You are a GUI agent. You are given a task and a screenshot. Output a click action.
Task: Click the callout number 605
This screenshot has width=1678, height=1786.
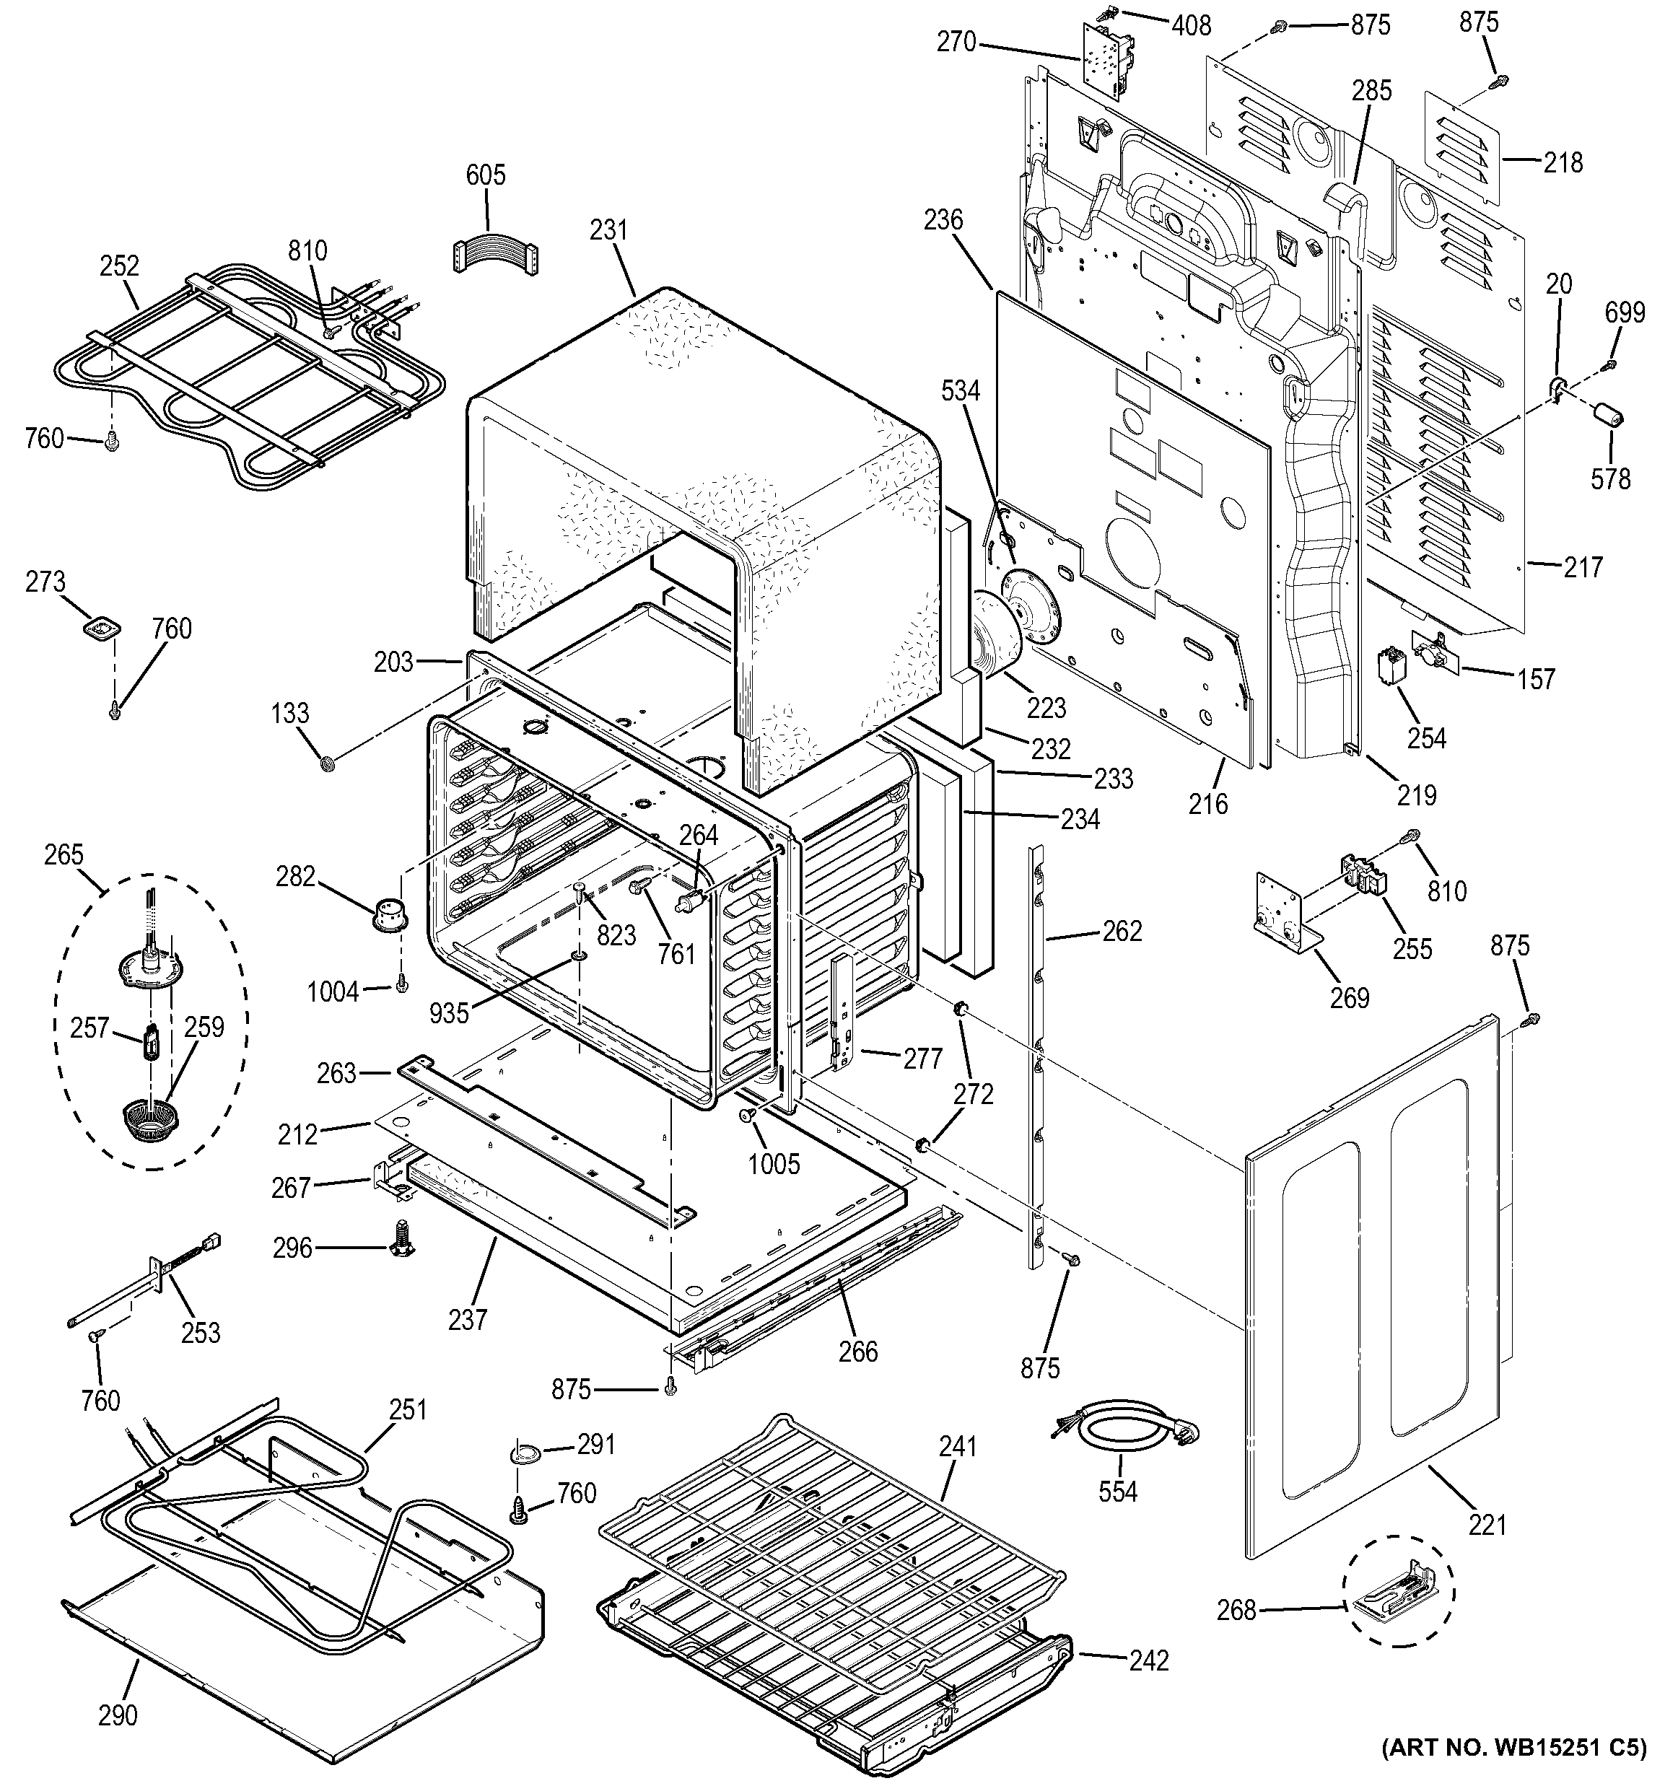coord(485,175)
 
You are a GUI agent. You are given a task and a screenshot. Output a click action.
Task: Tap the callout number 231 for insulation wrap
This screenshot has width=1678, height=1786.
coord(608,230)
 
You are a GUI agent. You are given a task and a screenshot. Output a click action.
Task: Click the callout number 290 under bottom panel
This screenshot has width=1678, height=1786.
coord(118,1715)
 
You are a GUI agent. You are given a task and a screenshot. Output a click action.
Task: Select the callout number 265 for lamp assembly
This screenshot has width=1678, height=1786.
coord(63,854)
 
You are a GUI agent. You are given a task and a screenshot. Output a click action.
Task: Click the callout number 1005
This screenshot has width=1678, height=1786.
coord(774,1163)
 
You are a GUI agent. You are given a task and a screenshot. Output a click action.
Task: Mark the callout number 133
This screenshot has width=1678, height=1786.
coord(289,714)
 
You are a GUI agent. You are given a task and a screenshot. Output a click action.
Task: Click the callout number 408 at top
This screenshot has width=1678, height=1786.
coord(1191,25)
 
